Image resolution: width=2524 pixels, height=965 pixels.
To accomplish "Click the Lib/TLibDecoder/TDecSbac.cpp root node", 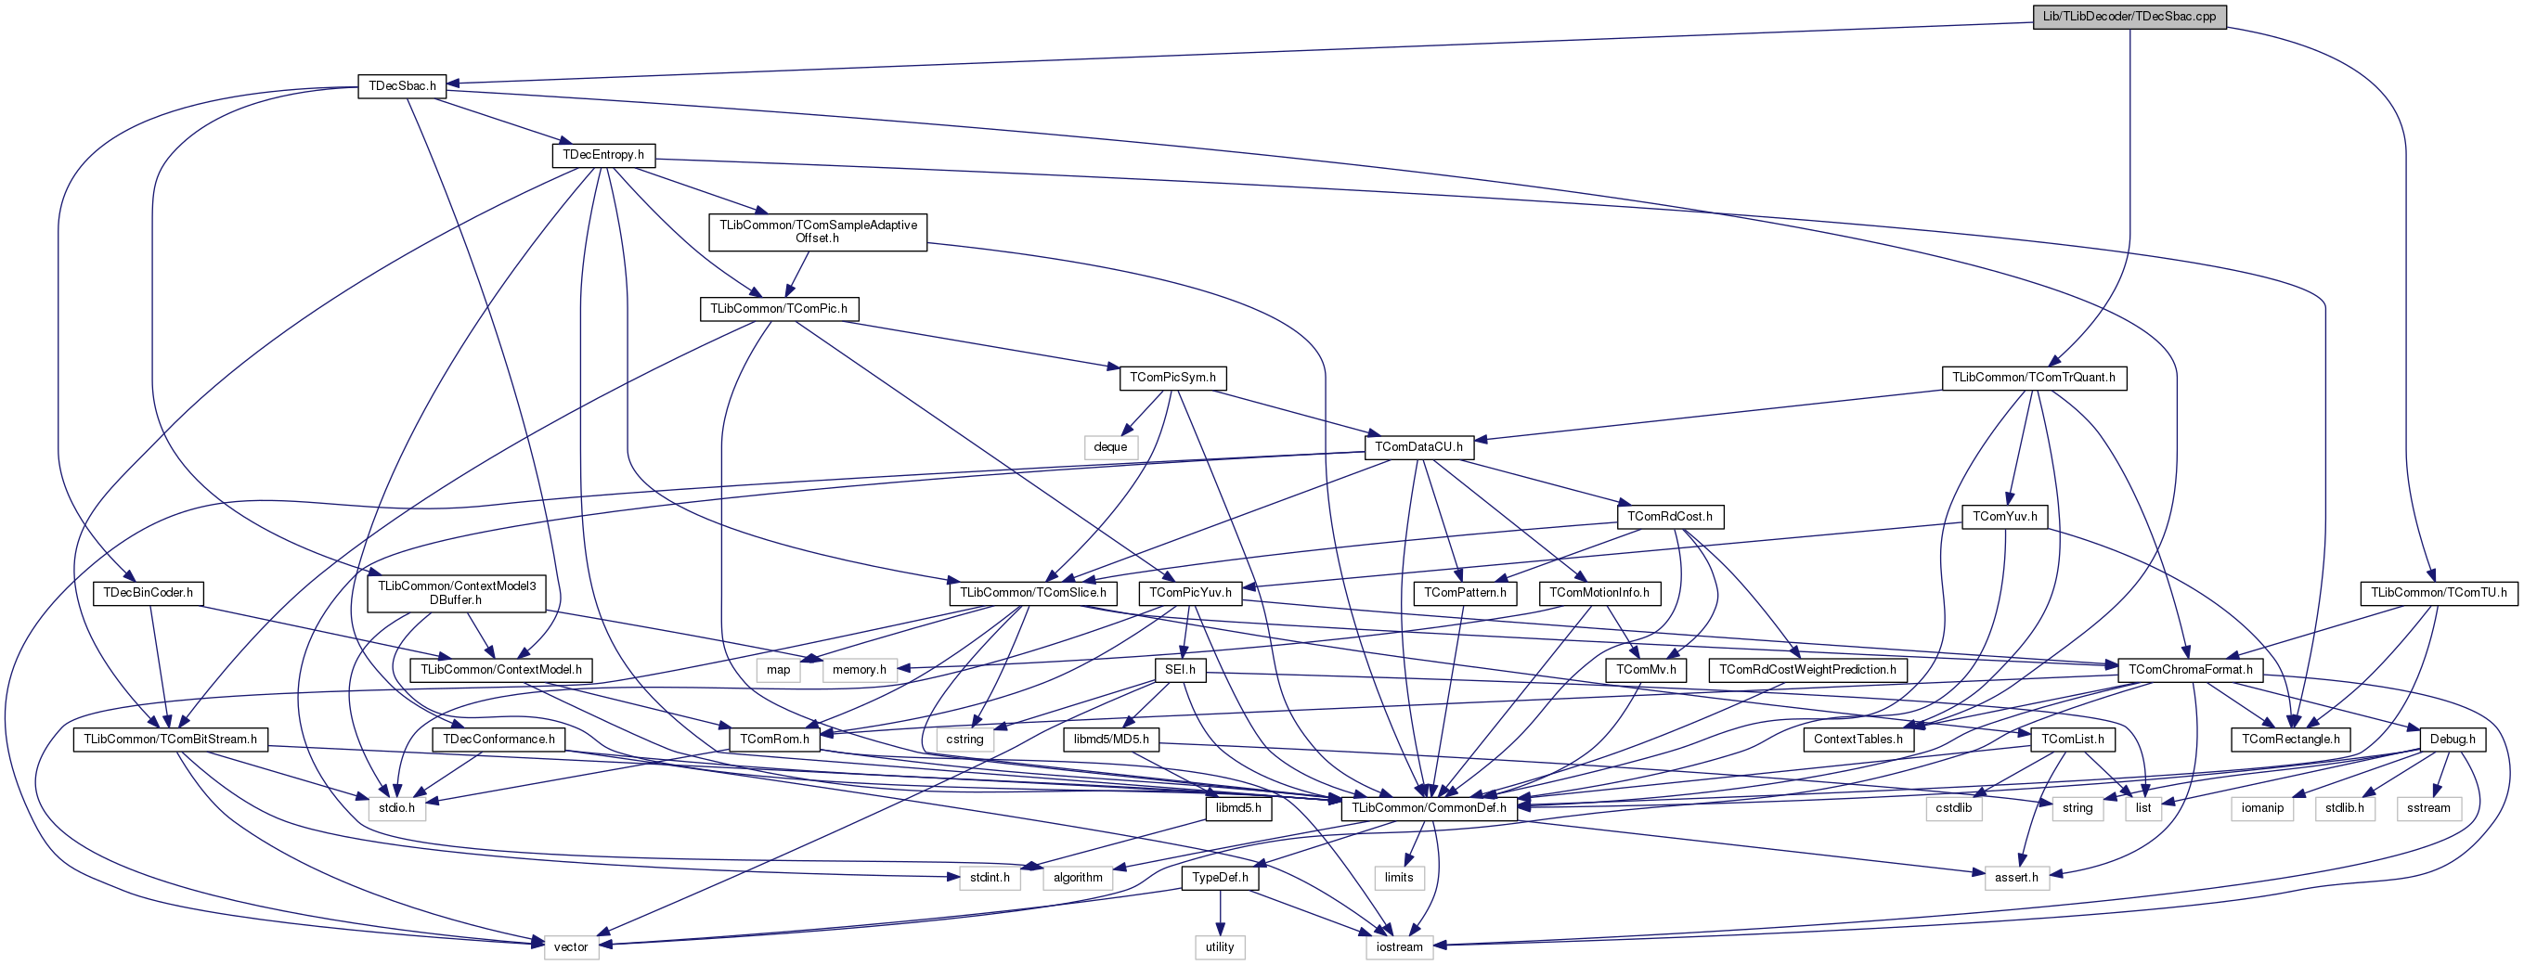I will coord(2129,17).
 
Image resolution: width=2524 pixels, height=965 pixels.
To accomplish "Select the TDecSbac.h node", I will coord(402,86).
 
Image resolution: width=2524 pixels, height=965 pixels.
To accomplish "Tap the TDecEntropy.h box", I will coord(603,155).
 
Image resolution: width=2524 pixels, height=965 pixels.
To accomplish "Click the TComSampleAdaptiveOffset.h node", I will coord(818,231).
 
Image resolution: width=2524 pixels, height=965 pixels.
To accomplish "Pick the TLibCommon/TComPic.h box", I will coord(779,309).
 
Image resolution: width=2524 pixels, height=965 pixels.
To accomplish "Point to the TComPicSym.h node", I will coord(1172,377).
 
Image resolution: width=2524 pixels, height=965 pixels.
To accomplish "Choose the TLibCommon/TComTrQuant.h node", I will coord(2033,377).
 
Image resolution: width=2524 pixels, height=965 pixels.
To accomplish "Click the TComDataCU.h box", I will coord(1417,446).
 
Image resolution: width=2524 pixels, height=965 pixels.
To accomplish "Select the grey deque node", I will coord(1110,446).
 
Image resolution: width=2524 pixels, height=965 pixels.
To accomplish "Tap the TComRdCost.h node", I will coord(1670,516).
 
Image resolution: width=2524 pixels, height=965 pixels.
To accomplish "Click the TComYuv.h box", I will coord(2005,516).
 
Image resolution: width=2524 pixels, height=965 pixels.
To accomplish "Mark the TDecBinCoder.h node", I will coord(148,593).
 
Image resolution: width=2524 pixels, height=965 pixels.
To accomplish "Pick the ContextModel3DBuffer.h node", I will coord(457,593).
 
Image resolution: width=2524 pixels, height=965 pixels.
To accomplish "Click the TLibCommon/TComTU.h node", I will coord(2438,593).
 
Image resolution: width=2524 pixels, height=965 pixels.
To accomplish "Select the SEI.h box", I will coord(1180,670).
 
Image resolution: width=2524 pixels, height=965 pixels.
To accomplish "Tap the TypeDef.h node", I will coord(1220,878).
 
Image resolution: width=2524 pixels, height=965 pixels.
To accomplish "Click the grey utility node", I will coord(1220,947).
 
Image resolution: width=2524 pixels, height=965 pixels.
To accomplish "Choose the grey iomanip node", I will coord(2262,808).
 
